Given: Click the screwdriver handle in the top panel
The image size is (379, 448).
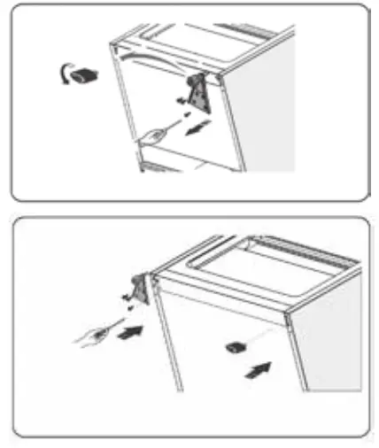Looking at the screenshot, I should click(x=152, y=135).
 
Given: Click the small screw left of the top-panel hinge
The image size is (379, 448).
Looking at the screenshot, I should click(x=183, y=104).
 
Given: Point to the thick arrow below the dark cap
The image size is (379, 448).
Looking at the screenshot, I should click(x=256, y=366).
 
